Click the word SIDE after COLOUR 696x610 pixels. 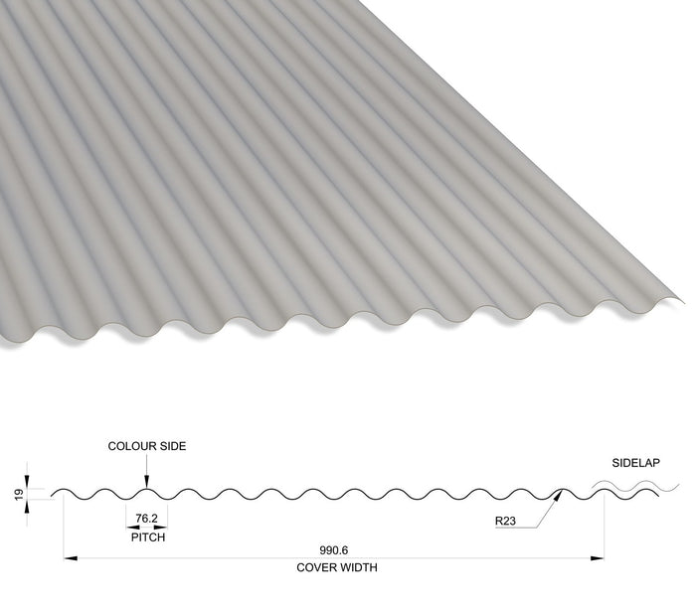click(173, 446)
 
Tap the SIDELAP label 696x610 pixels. click(635, 463)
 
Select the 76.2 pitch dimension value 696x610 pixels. click(146, 519)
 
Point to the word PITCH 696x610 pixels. click(148, 537)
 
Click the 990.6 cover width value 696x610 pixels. click(334, 550)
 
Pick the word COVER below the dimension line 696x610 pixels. click(315, 567)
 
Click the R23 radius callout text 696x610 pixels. click(505, 521)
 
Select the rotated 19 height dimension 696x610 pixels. click(19, 495)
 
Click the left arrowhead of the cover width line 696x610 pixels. click(71, 558)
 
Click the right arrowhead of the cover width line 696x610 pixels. click(597, 558)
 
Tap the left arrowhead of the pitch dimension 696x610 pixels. click(132, 528)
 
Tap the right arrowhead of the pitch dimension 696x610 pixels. click(161, 528)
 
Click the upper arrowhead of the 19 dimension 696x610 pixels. click(27, 482)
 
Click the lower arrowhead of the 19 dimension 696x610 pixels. click(27, 507)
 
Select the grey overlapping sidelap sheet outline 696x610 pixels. click(635, 486)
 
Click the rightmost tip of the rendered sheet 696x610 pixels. click(684, 303)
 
